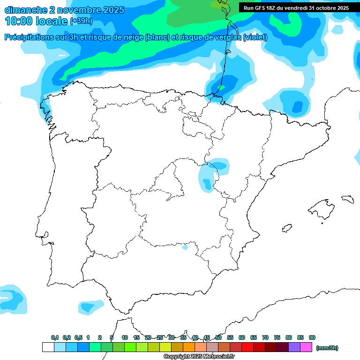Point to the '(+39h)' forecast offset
click(x=81, y=21)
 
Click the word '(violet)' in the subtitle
click(x=255, y=37)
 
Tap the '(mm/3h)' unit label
click(x=327, y=348)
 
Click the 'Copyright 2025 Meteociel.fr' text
click(x=199, y=357)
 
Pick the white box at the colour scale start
click(x=48, y=347)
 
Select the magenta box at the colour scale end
click(x=306, y=347)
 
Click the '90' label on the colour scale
click(x=312, y=337)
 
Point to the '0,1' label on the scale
click(x=55, y=337)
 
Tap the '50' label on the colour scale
click(x=218, y=337)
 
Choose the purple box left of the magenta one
click(x=294, y=347)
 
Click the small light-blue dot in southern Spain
click(x=185, y=247)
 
